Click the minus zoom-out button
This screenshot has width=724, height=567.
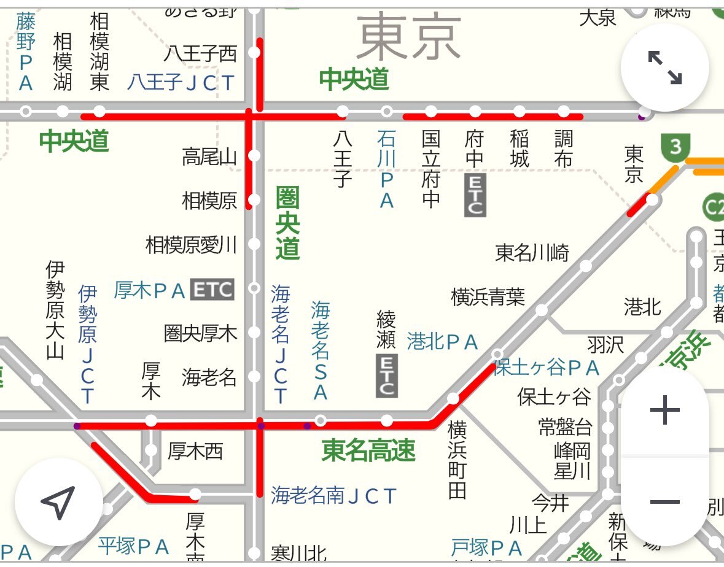pyautogui.click(x=664, y=503)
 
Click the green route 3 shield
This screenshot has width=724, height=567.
pyautogui.click(x=675, y=147)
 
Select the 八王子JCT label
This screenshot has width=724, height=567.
pyautogui.click(x=181, y=82)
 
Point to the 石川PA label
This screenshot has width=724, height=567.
pyautogui.click(x=386, y=169)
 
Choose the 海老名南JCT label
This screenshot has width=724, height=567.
pyautogui.click(x=334, y=495)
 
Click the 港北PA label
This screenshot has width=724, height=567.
pyautogui.click(x=442, y=342)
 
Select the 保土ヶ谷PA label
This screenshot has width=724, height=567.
pyautogui.click(x=547, y=368)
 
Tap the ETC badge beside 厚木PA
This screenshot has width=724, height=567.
pyautogui.click(x=212, y=290)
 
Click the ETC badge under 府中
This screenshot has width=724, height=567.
pyautogui.click(x=475, y=195)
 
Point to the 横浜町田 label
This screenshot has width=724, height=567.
pyautogui.click(x=457, y=459)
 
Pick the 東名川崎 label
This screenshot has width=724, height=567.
pyautogui.click(x=532, y=252)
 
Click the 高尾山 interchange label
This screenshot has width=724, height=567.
pyautogui.click(x=209, y=157)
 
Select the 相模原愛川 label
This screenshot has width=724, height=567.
pyautogui.click(x=191, y=245)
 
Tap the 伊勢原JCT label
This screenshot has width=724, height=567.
pyautogui.click(x=87, y=345)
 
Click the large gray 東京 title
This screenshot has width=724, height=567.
pyautogui.click(x=408, y=38)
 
